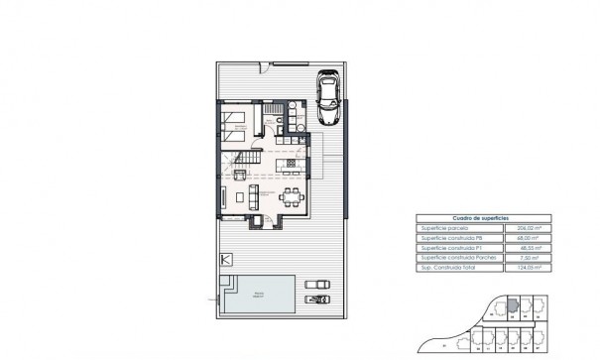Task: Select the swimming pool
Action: [x=258, y=296]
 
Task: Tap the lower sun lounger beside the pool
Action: [x=318, y=299]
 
